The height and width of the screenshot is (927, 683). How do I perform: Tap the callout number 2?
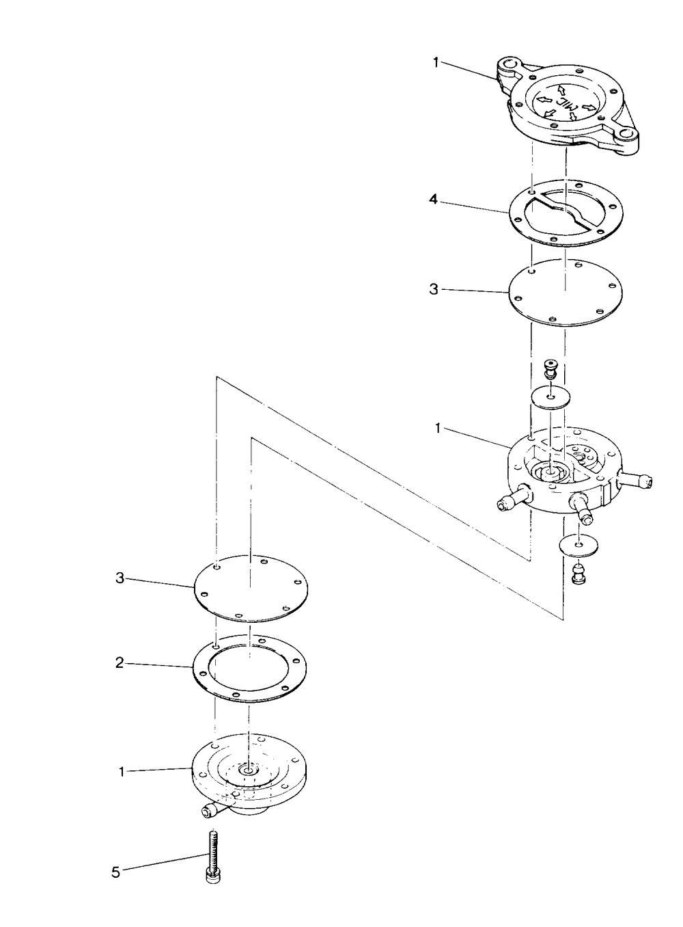[119, 663]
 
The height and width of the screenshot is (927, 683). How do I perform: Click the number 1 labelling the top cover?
[436, 62]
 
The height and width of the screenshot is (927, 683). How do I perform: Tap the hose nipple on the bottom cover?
[210, 811]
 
